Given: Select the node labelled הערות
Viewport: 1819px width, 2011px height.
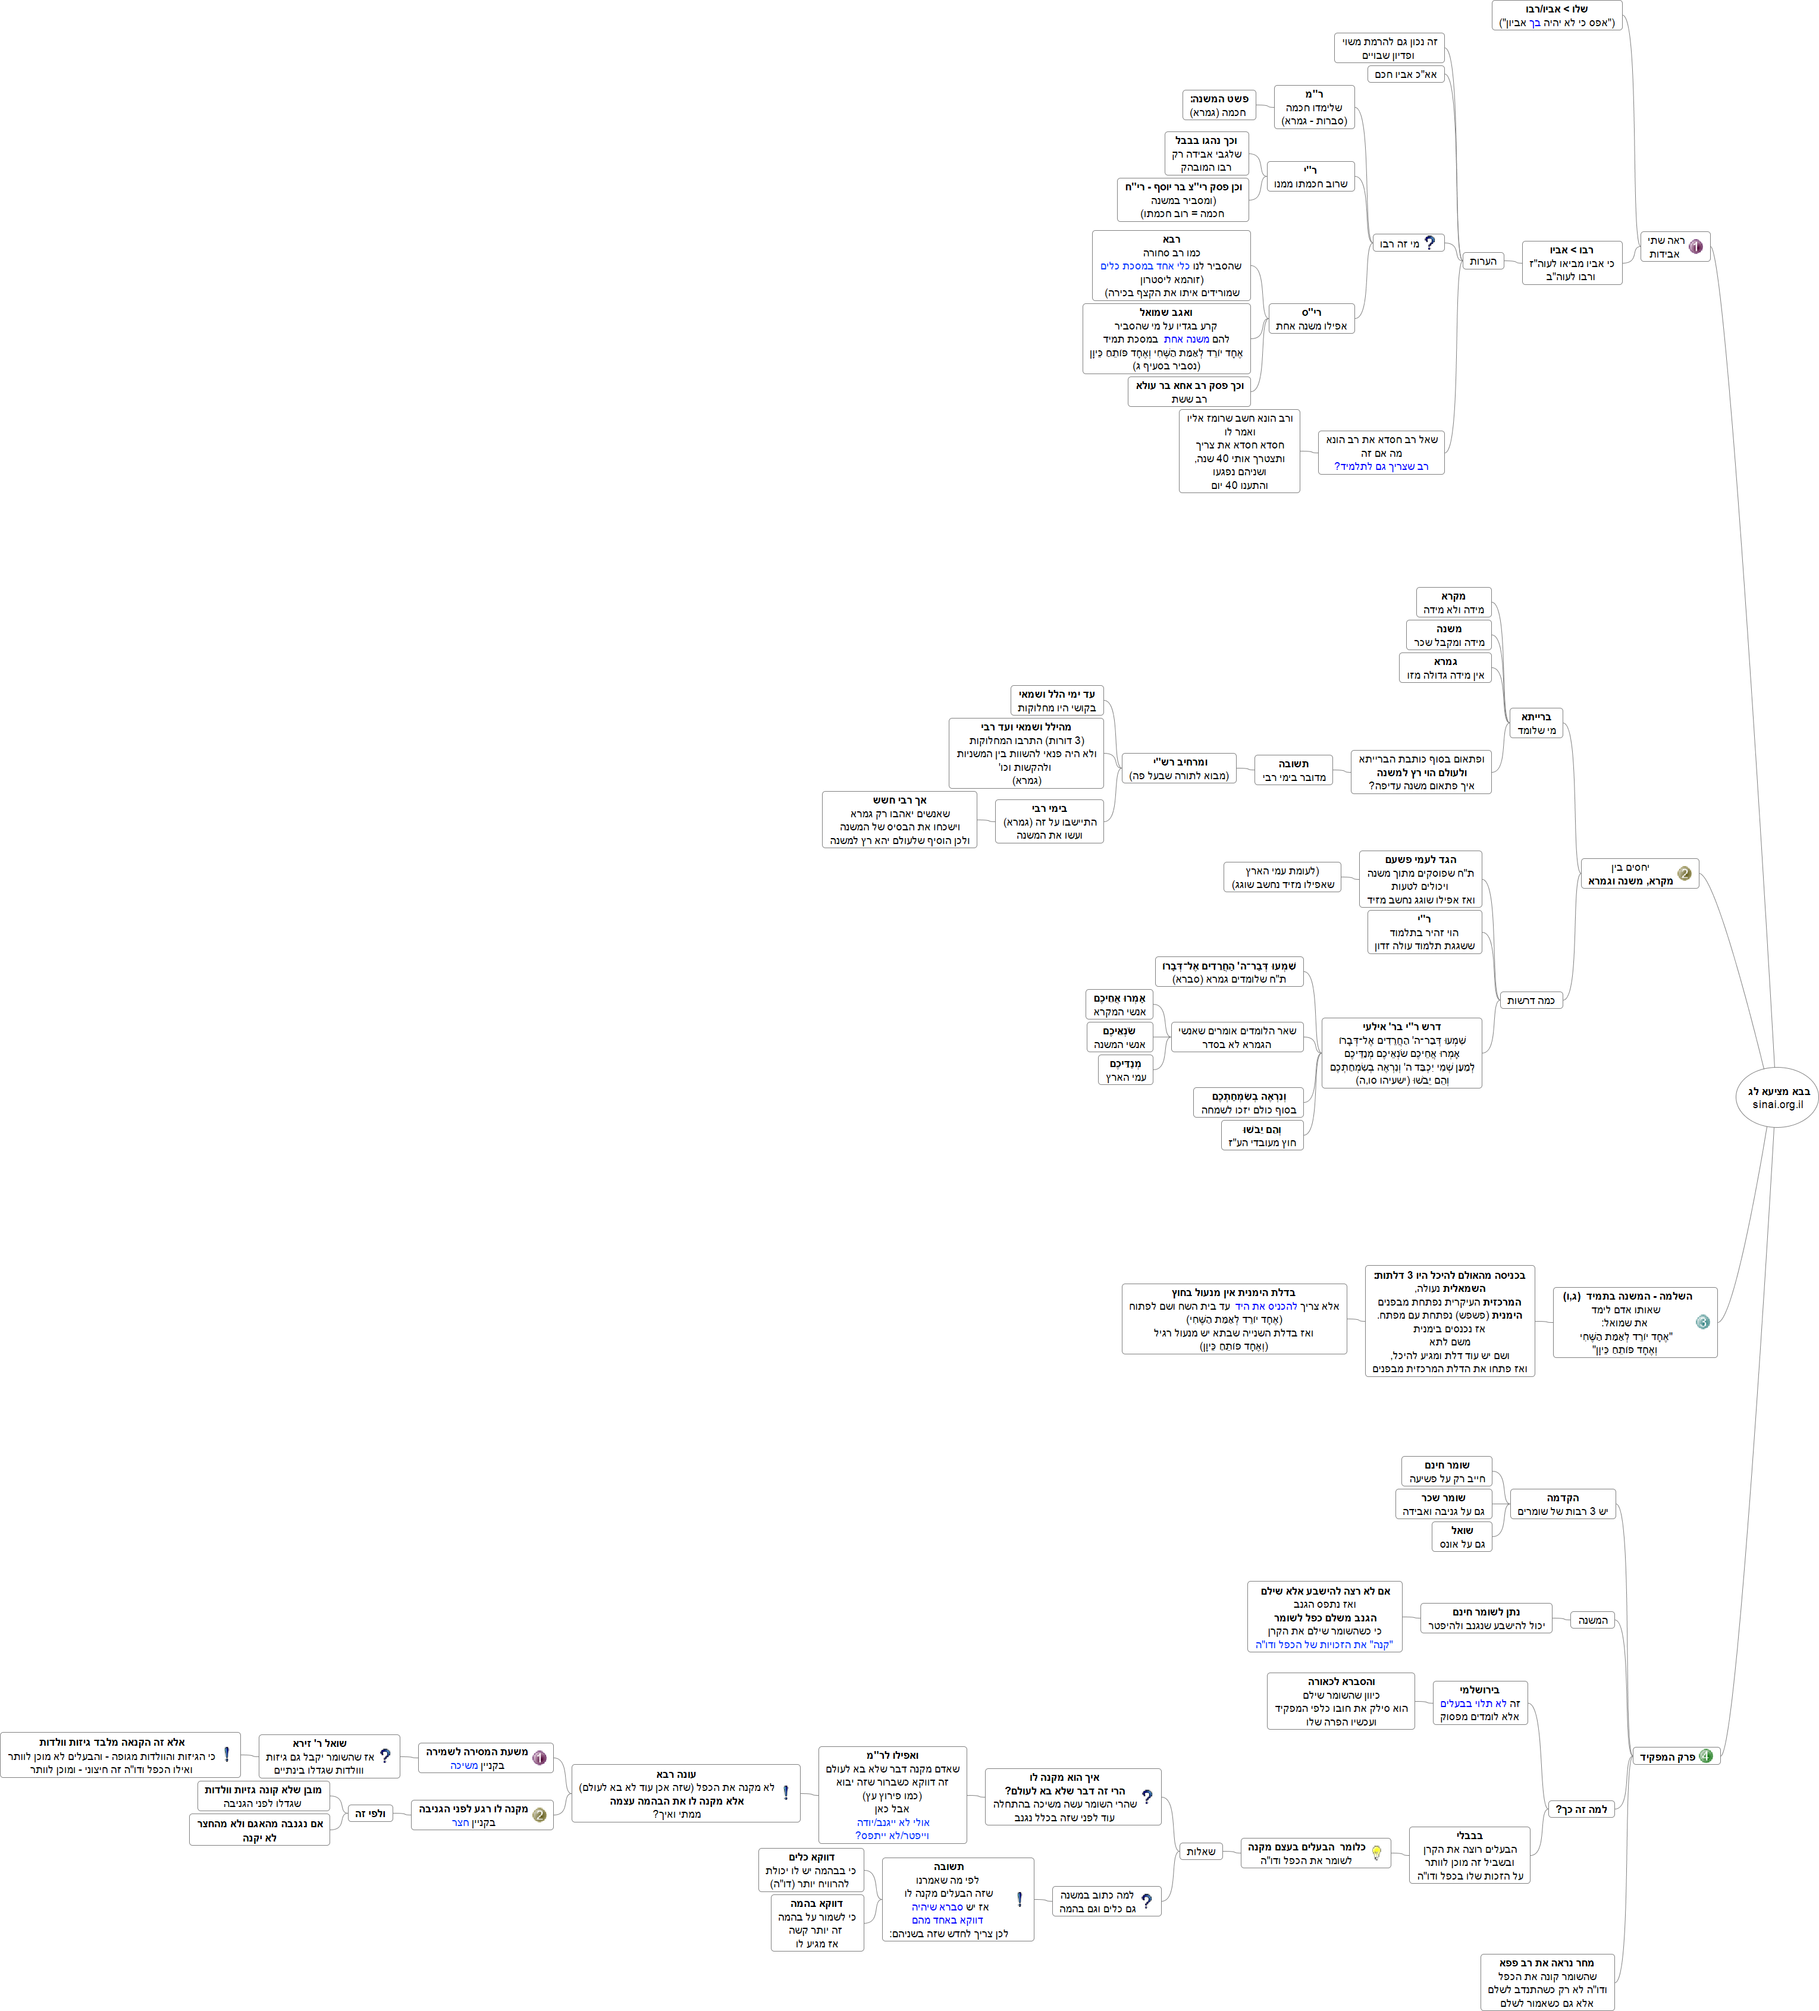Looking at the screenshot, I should tap(1483, 261).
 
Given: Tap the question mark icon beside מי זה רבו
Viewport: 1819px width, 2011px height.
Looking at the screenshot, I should tap(1430, 243).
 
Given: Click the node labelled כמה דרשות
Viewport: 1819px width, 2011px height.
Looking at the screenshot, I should tap(1531, 1000).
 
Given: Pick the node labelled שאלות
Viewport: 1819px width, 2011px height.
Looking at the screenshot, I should tap(1200, 1852).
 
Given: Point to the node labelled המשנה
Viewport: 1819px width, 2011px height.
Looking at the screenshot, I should tap(1592, 1620).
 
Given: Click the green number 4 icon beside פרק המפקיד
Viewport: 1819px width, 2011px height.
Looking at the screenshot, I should tap(1705, 1756).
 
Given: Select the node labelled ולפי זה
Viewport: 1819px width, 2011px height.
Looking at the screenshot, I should tap(370, 1814).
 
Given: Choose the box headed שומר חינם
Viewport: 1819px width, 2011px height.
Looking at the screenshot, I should tap(1447, 1472).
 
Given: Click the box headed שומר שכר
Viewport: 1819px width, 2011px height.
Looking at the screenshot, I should tap(1443, 1504).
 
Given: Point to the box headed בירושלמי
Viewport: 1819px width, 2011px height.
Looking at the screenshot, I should tap(1480, 1703).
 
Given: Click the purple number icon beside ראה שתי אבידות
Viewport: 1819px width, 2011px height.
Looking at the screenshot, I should tap(1695, 246).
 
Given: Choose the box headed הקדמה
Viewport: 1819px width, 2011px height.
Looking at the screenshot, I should tap(1563, 1504).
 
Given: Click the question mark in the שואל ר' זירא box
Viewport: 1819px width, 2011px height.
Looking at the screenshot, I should tap(385, 1756).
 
